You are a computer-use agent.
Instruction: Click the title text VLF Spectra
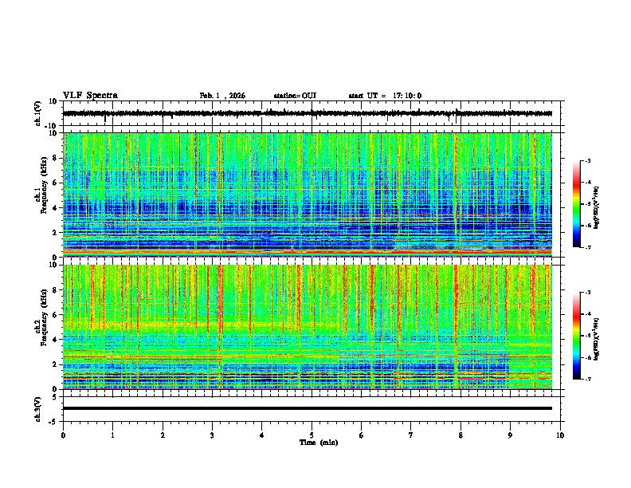(x=90, y=96)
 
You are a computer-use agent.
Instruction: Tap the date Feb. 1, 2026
(x=222, y=96)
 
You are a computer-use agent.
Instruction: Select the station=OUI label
(x=295, y=96)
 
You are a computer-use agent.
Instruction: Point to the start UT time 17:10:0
(x=385, y=96)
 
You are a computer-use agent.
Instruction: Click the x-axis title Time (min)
(x=318, y=442)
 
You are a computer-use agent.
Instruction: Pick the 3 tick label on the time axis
(x=212, y=435)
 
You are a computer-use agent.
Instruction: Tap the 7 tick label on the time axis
(x=410, y=435)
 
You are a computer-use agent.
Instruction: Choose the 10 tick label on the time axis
(x=560, y=435)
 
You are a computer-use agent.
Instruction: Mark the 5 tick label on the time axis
(x=312, y=435)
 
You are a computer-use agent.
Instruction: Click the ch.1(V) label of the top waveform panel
(x=38, y=112)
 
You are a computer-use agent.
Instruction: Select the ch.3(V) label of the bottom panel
(x=38, y=408)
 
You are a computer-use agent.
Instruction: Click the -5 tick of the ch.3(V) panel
(x=53, y=420)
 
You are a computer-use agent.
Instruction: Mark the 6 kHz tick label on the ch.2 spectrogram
(x=56, y=314)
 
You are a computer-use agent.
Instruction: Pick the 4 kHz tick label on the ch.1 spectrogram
(x=56, y=207)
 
